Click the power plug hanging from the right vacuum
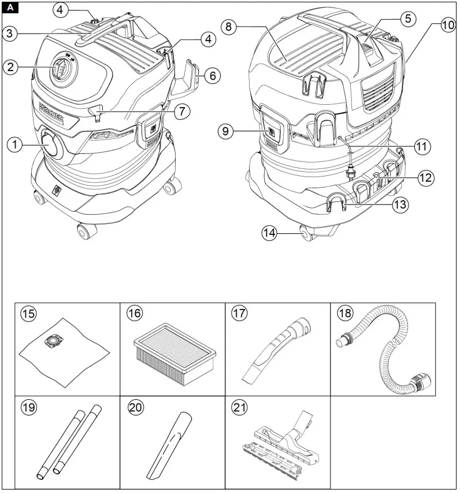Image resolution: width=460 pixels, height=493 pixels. click(x=350, y=172)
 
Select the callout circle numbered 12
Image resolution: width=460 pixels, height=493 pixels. click(x=425, y=178)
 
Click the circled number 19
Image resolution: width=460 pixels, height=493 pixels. click(x=28, y=407)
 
